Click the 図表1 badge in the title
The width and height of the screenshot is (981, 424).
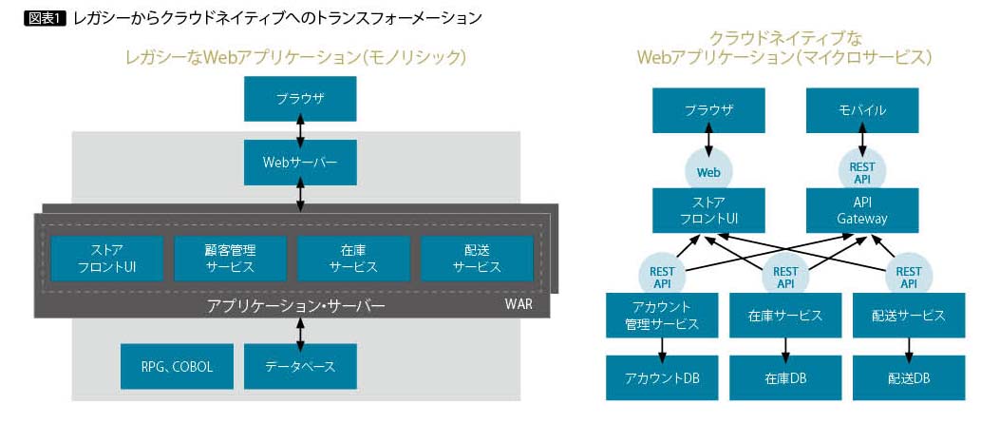(45, 16)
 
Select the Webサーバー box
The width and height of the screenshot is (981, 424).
(300, 162)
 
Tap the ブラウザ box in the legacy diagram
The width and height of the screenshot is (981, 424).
(300, 98)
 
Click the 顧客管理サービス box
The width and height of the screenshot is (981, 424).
(230, 258)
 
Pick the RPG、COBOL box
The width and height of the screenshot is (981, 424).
(178, 366)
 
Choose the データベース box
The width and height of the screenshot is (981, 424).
(300, 366)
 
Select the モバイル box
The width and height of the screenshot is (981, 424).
(861, 110)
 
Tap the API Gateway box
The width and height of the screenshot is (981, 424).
(861, 210)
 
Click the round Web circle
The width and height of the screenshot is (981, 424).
(708, 172)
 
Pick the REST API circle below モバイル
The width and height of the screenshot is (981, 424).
(861, 172)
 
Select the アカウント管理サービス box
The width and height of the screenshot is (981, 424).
(662, 315)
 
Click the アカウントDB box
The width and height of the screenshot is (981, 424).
(662, 378)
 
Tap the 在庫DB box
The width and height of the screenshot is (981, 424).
(785, 378)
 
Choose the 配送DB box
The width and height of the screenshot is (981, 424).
(908, 378)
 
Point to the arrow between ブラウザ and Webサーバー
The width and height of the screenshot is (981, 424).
(300, 129)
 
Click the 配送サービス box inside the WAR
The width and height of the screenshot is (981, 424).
(476, 258)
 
